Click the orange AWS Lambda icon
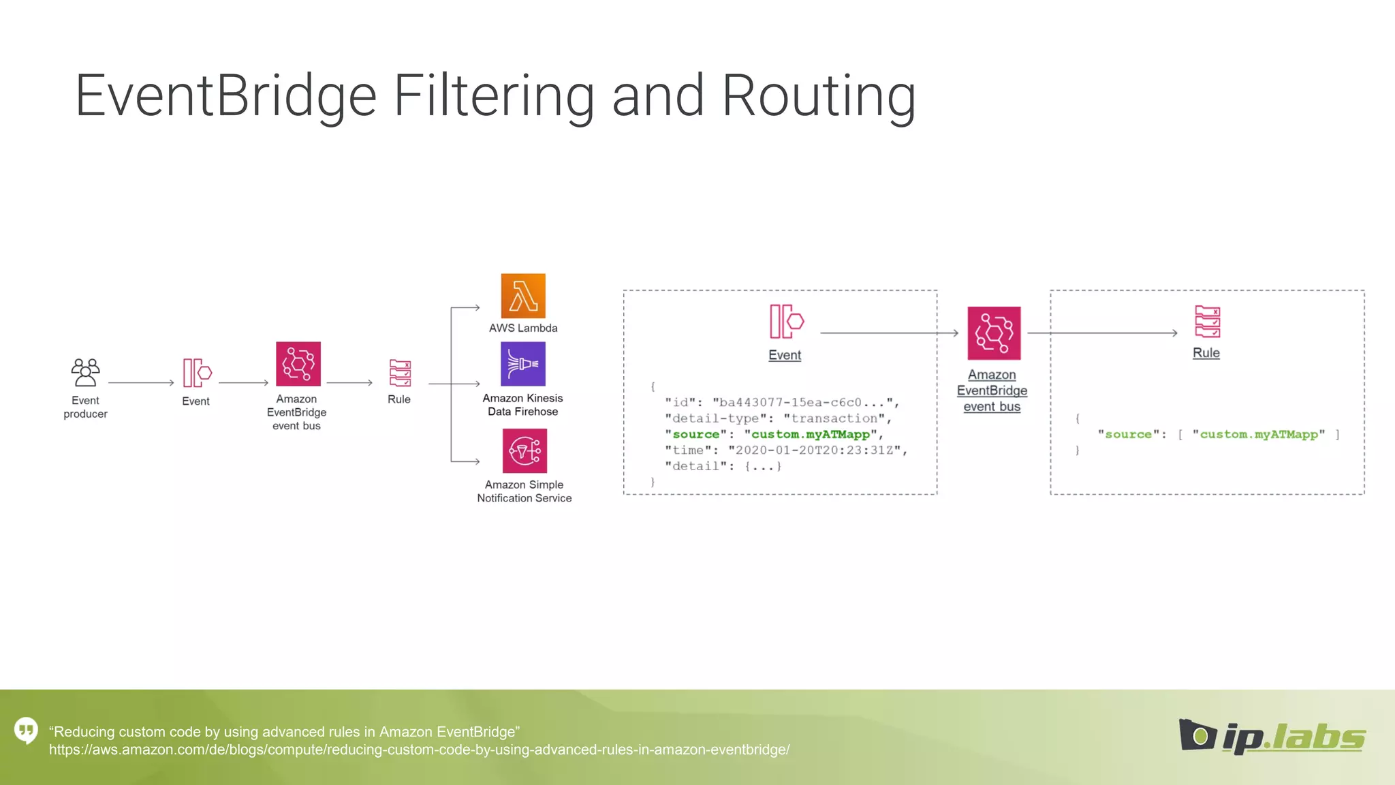[x=523, y=296]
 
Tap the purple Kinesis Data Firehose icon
[x=523, y=364]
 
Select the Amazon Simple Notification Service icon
[x=524, y=450]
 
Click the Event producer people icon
[x=85, y=373]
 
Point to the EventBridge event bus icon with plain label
[x=298, y=364]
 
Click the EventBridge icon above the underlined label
[x=994, y=333]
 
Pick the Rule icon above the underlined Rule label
[x=1207, y=322]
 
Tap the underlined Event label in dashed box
[x=785, y=355]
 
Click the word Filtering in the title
[x=494, y=96]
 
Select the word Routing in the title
[x=818, y=96]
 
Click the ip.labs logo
[x=1272, y=737]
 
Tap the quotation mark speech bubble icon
[x=26, y=730]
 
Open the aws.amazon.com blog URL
[x=419, y=750]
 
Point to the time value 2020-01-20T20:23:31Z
[x=814, y=450]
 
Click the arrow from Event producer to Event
[x=141, y=383]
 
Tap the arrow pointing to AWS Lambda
[x=466, y=308]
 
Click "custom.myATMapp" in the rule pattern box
[x=1258, y=435]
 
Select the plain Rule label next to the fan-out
[x=399, y=399]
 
